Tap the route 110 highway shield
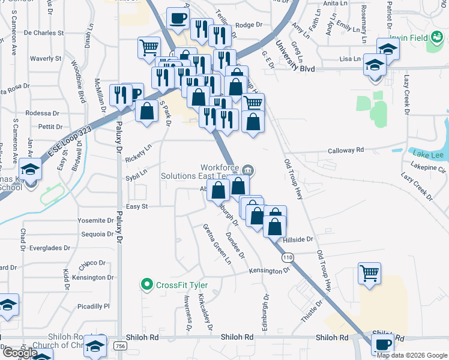coord(288,257)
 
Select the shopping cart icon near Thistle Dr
coord(369,273)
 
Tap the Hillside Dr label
coord(298,239)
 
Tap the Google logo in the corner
coord(19,353)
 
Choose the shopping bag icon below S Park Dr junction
coord(146,111)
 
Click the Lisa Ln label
coord(349,59)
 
